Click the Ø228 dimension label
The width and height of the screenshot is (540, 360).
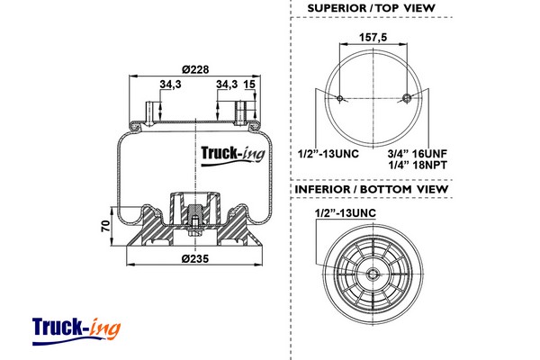(195, 69)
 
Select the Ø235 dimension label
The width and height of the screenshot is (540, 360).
(195, 258)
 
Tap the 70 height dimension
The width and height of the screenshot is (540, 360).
(106, 226)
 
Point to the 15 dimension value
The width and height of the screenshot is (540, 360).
(249, 84)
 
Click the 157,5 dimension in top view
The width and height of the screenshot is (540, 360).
(373, 37)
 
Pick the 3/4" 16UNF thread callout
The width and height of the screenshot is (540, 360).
(417, 153)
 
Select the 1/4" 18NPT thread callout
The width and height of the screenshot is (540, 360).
(418, 165)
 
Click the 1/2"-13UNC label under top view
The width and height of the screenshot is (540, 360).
(328, 153)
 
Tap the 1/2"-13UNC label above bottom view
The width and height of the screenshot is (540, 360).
(346, 213)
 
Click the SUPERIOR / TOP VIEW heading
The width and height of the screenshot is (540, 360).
(371, 8)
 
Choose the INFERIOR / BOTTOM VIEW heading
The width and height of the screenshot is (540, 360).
(371, 189)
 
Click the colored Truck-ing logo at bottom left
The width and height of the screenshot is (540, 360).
(76, 331)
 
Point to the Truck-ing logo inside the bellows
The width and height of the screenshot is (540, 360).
(233, 156)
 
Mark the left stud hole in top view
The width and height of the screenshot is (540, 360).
(340, 98)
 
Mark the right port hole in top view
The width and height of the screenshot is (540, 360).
(407, 98)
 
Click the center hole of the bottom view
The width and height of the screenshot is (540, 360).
(373, 274)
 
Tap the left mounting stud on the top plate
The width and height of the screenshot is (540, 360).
(149, 113)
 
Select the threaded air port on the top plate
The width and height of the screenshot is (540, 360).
(239, 112)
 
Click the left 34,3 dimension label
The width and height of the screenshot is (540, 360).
(170, 84)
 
